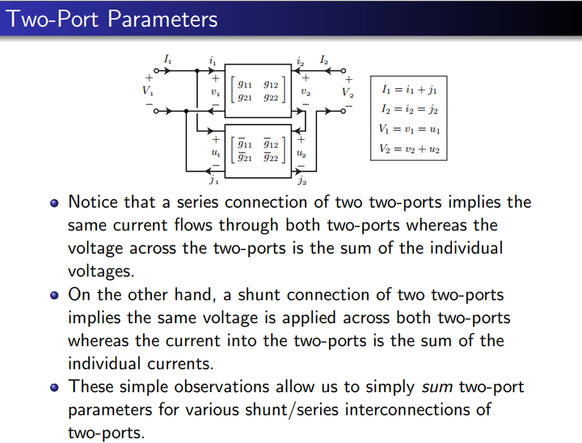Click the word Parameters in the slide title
[x=162, y=19]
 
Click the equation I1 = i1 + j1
[x=409, y=89]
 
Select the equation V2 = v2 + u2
[x=409, y=149]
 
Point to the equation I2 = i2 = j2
[x=409, y=109]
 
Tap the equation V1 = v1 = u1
[x=409, y=129]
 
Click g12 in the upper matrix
[x=270, y=84]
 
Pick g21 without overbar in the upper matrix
[x=245, y=98]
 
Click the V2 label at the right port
[x=348, y=92]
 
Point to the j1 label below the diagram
[x=213, y=181]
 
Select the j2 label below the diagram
[x=302, y=181]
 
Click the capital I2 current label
[x=323, y=60]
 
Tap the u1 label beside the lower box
[x=214, y=152]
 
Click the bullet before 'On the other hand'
[x=54, y=295]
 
